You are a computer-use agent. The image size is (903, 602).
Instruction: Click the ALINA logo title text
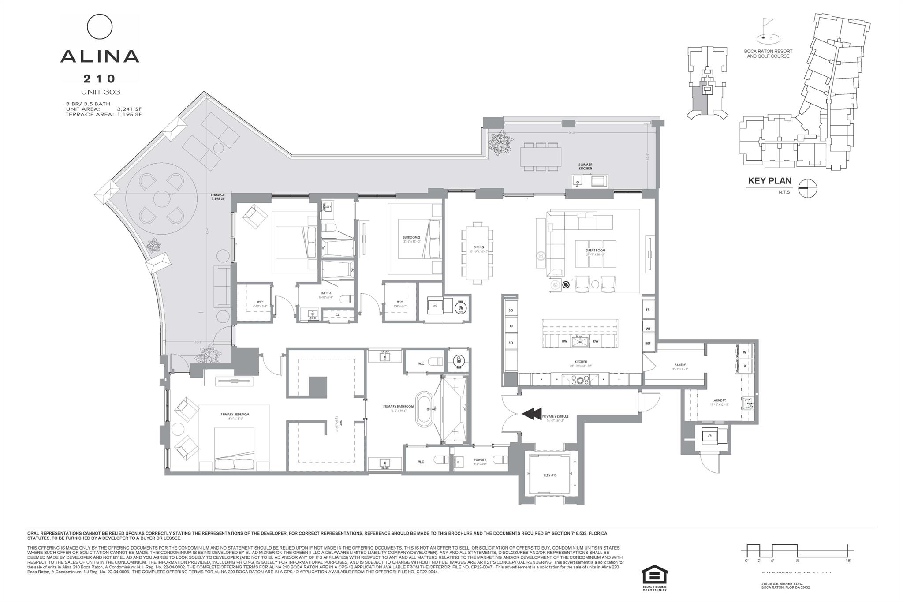click(x=100, y=56)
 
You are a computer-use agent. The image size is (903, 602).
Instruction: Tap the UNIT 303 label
click(x=100, y=92)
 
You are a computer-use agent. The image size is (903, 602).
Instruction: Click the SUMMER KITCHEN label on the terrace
click(x=585, y=166)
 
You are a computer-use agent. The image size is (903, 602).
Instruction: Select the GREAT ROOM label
click(x=595, y=251)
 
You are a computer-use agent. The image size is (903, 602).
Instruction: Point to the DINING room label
click(x=478, y=247)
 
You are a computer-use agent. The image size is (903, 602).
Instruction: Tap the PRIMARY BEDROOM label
click(x=235, y=414)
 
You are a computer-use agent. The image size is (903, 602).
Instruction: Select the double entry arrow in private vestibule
click(x=532, y=414)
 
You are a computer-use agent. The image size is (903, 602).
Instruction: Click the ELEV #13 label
click(x=550, y=475)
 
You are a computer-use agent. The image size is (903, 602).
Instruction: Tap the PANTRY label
click(x=680, y=365)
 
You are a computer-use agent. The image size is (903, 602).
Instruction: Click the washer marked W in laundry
click(x=745, y=352)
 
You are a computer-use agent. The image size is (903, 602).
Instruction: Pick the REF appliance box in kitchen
click(x=648, y=343)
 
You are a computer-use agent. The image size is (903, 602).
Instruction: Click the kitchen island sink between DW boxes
click(x=579, y=341)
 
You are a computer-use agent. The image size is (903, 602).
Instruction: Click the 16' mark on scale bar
click(x=848, y=561)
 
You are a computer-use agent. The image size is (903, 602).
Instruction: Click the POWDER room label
click(x=480, y=460)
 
